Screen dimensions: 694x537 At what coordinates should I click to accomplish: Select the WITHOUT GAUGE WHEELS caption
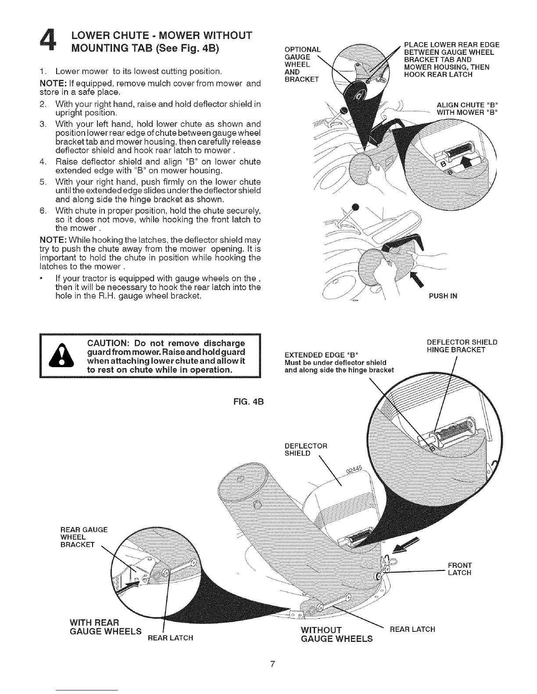336,634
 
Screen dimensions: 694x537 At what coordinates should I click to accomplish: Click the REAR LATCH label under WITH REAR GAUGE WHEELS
170,637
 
